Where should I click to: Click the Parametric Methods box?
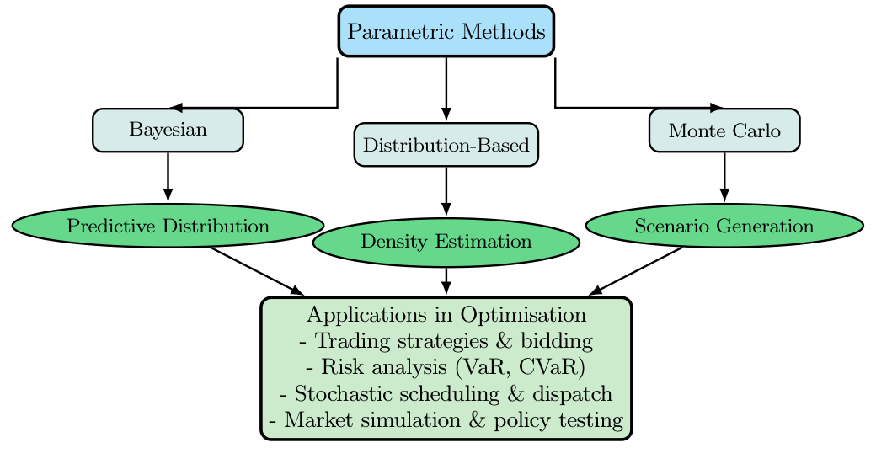[x=446, y=32]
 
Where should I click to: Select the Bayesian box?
[x=168, y=131]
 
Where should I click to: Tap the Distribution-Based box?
[x=446, y=145]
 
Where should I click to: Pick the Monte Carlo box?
[x=724, y=131]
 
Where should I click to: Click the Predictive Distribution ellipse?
[x=168, y=226]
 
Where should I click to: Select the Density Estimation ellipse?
[x=446, y=242]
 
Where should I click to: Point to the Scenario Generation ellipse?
[x=724, y=226]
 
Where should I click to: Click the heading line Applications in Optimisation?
[x=446, y=315]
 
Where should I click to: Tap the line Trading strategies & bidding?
[x=446, y=341]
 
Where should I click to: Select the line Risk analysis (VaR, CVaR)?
[x=446, y=367]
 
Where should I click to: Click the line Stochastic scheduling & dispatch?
[x=446, y=393]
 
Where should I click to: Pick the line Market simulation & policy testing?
[x=446, y=419]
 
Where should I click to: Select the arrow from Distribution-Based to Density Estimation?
[x=446, y=192]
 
